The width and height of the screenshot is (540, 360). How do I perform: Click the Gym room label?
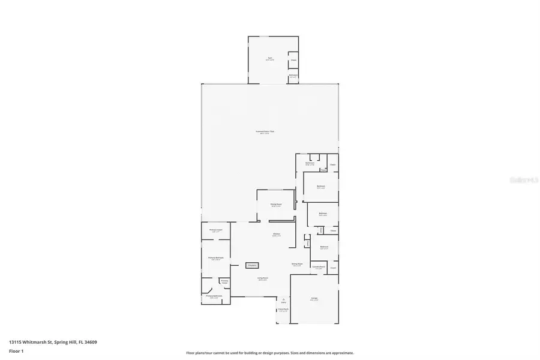click(270, 59)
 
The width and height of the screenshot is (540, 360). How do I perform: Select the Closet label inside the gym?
click(293, 60)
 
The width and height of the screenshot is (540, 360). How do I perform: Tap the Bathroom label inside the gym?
click(293, 76)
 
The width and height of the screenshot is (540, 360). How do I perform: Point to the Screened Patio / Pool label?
click(265, 132)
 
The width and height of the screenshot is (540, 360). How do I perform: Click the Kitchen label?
click(277, 235)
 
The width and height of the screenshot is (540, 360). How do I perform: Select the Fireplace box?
click(252, 265)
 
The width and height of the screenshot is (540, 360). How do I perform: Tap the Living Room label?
click(263, 278)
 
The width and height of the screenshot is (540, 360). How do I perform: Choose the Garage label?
click(314, 298)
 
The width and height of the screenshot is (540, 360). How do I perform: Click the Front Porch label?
click(283, 310)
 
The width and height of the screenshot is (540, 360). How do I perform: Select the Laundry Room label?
click(318, 267)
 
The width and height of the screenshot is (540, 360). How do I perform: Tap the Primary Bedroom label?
click(216, 258)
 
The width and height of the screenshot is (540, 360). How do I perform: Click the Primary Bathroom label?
click(214, 296)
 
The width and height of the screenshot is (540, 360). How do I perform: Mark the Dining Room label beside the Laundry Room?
click(296, 264)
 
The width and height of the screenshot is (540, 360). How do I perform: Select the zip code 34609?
click(91, 342)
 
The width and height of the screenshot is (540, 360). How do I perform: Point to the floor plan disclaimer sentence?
click(269, 353)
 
